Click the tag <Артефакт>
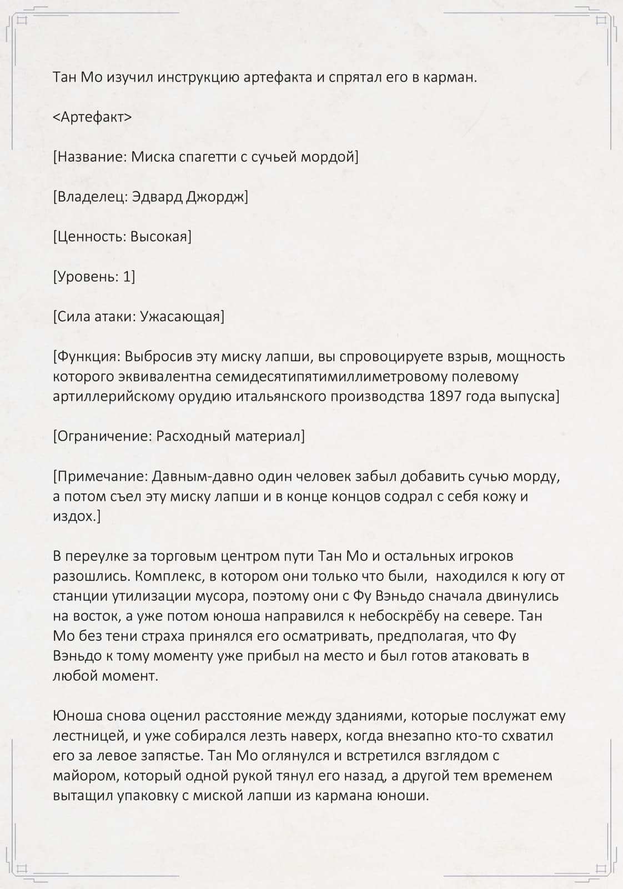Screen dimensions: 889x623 (x=92, y=117)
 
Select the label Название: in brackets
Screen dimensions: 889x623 (x=90, y=157)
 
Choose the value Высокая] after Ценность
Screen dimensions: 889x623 (x=161, y=237)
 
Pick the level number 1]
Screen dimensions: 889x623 (x=129, y=277)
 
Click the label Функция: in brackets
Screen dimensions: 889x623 (x=87, y=357)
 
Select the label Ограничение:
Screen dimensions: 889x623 (x=102, y=437)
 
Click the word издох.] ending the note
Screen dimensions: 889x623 (x=77, y=517)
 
